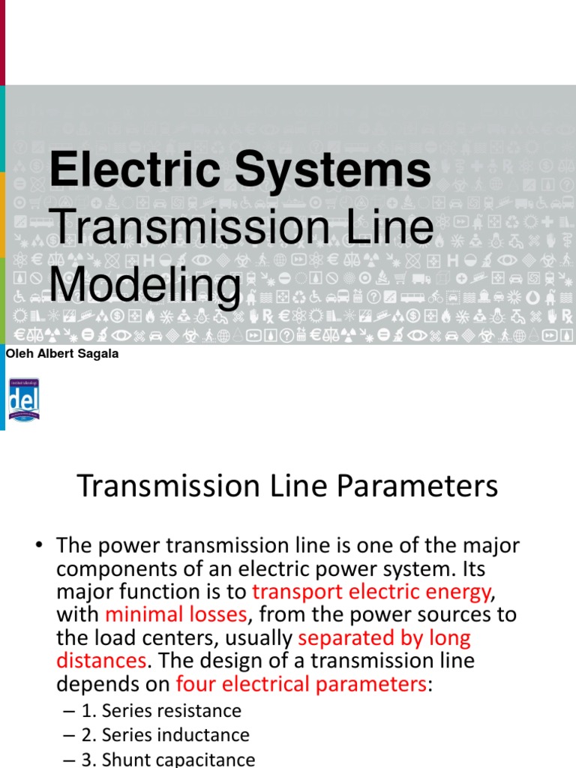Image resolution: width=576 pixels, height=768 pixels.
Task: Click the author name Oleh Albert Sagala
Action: coord(61,354)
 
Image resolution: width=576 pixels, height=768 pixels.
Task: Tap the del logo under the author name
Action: coord(23,399)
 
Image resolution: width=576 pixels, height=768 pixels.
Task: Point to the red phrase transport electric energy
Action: coord(371,591)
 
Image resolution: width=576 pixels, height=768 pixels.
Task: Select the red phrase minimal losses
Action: coord(175,614)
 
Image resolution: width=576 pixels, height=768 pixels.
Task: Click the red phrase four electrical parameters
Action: coord(301,684)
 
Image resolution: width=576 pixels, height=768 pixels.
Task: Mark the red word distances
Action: coord(100,661)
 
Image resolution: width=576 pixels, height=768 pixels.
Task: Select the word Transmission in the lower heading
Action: coord(156,487)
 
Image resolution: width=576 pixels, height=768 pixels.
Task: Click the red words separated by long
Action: coord(384,637)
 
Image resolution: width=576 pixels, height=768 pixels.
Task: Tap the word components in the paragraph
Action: coord(107,568)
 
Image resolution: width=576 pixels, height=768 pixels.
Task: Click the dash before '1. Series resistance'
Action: coord(69,710)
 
